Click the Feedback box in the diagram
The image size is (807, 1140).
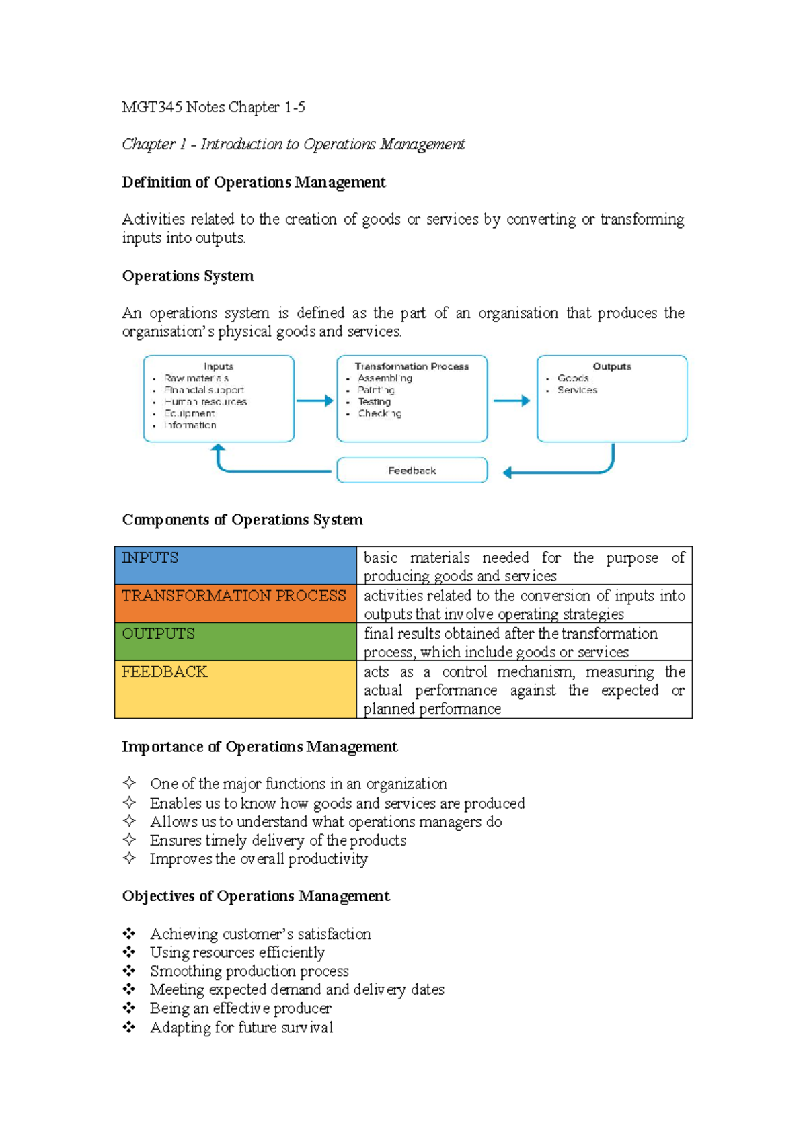tap(412, 471)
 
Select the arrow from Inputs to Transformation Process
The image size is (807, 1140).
tap(315, 401)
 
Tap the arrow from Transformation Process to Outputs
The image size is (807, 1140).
tap(512, 401)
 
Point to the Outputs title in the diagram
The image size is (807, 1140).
tap(612, 366)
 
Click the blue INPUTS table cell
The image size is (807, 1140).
tap(235, 565)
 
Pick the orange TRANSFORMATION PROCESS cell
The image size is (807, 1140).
tap(235, 604)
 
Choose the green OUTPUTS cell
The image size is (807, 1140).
tap(235, 642)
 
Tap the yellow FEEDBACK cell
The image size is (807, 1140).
tap(235, 689)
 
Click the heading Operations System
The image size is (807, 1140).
tap(188, 276)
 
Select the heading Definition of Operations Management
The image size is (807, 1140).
tap(254, 182)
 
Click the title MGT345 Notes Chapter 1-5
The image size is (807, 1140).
tap(213, 107)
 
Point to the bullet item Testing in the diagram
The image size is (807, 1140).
tap(374, 401)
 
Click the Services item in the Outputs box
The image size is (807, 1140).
tap(577, 390)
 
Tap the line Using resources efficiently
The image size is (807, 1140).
tap(237, 952)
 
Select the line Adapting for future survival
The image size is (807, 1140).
tap(241, 1028)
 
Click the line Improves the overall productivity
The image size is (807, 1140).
tap(259, 859)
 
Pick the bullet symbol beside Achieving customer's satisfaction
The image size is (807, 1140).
tap(129, 934)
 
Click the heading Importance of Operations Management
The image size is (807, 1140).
tap(260, 747)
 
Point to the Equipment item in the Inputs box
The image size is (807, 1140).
tap(190, 413)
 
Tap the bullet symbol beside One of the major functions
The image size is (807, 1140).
tap(129, 783)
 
